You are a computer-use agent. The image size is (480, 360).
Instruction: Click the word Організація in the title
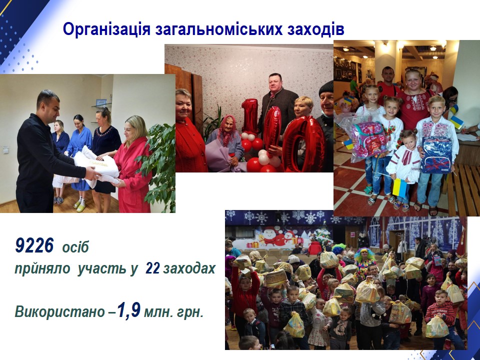(x=106, y=30)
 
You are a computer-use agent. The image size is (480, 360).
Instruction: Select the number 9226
(x=34, y=245)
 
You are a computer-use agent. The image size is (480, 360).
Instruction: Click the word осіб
(x=75, y=247)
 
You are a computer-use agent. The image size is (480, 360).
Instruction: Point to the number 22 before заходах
(x=153, y=268)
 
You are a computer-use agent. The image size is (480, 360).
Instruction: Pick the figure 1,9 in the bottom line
(x=129, y=310)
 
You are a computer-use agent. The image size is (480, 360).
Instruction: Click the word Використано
(x=60, y=312)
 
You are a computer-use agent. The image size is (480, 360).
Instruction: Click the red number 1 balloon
(x=250, y=116)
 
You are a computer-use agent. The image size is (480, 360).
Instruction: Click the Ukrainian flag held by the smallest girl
(x=400, y=188)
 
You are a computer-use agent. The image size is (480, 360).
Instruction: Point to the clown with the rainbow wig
(x=365, y=261)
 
